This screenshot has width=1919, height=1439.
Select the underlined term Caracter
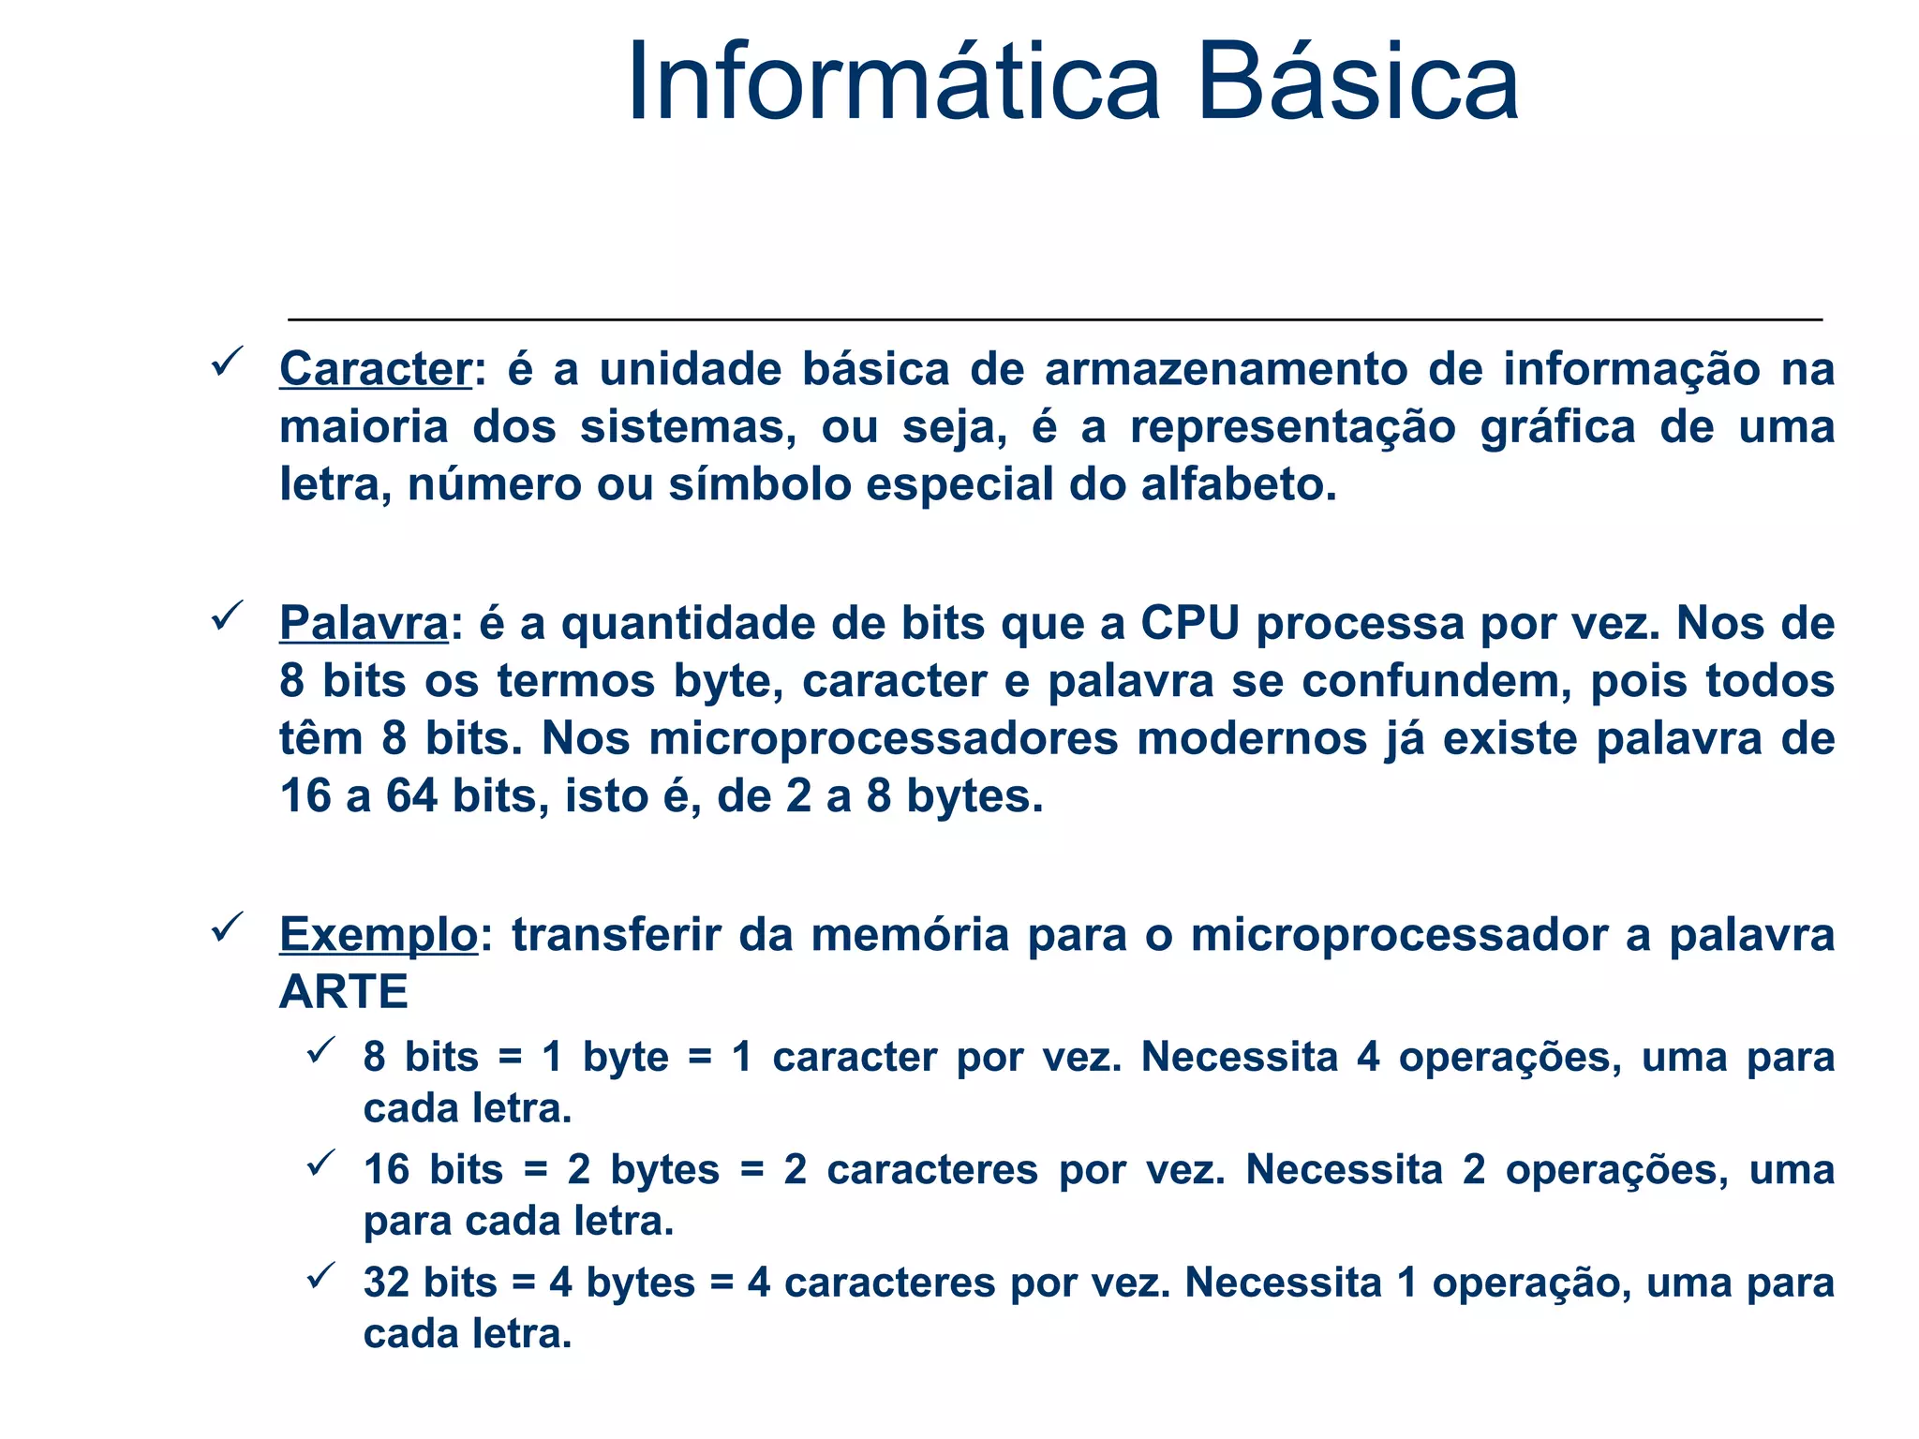375,369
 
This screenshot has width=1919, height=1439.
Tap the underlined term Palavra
364,624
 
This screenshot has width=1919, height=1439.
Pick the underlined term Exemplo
379,935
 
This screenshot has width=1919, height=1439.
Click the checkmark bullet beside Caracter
228,361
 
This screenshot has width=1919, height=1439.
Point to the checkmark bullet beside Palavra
228,616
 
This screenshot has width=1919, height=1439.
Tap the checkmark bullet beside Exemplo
228,927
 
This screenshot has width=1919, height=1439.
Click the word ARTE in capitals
343,991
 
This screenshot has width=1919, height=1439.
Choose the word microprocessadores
884,739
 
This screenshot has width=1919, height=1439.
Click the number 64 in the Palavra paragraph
411,797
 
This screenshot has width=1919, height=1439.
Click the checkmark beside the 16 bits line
320,1164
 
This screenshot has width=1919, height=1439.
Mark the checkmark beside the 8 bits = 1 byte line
320,1050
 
